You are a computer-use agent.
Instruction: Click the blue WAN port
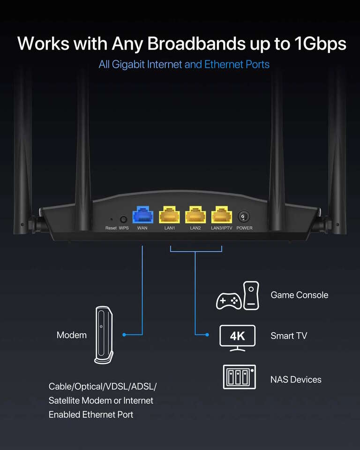click(x=142, y=216)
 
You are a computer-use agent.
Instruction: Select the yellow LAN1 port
click(x=169, y=216)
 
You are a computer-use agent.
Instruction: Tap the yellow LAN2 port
click(x=195, y=216)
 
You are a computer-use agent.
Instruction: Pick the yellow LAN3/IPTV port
click(x=222, y=216)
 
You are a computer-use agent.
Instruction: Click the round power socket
click(x=244, y=217)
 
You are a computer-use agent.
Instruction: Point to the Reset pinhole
click(x=111, y=219)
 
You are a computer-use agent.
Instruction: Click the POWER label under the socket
click(x=244, y=228)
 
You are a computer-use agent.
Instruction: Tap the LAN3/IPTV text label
click(x=222, y=228)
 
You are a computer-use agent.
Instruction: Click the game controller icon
click(x=228, y=300)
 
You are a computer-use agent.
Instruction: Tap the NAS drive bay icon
click(x=239, y=377)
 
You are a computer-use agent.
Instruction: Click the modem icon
click(x=103, y=335)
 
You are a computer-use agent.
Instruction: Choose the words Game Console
click(x=299, y=295)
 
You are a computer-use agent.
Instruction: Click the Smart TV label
click(x=289, y=336)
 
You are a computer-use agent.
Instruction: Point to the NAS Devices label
click(x=296, y=380)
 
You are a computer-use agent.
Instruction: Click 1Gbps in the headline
click(x=320, y=44)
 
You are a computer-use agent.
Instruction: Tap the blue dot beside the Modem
click(x=124, y=335)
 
